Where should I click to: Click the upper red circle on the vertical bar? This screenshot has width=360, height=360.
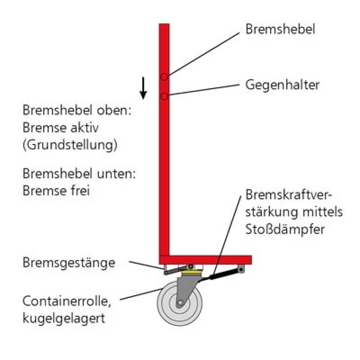[164, 76]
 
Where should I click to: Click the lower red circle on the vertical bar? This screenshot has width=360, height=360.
[164, 96]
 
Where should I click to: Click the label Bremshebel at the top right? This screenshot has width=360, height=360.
[280, 29]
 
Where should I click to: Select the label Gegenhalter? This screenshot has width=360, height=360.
[282, 85]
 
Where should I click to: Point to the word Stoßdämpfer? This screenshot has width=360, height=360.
[285, 229]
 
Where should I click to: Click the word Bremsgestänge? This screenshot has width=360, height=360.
[69, 263]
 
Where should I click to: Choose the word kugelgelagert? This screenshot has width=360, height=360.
[64, 319]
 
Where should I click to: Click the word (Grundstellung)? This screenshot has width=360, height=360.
[70, 145]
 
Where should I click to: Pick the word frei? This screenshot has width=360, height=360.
[80, 190]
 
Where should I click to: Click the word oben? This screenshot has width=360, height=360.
[114, 110]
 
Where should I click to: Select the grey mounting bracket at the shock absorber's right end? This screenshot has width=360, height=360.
[241, 269]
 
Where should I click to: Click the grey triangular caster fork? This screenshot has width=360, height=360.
[187, 289]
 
